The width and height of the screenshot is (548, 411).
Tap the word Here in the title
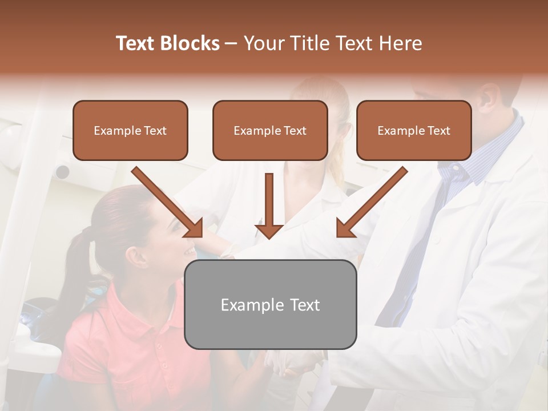click(x=400, y=43)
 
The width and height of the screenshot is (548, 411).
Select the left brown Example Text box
click(x=130, y=130)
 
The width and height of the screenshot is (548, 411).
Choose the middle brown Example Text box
click(x=270, y=130)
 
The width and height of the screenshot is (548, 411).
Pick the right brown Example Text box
click(x=414, y=130)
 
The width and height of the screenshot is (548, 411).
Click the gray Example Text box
click(x=270, y=304)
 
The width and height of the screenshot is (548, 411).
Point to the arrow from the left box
click(x=168, y=203)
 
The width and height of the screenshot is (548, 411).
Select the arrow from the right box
click(x=370, y=203)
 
